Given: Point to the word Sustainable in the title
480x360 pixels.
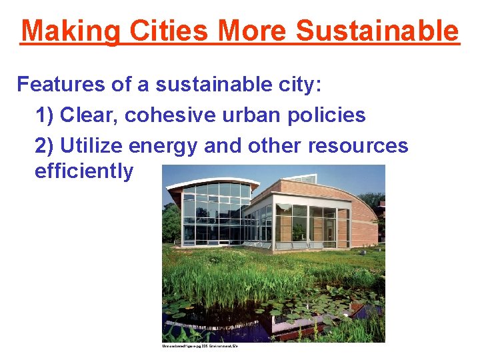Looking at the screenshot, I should [377, 31].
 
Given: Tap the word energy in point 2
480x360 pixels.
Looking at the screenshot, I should [164, 146].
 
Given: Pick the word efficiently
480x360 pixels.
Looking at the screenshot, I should [84, 172].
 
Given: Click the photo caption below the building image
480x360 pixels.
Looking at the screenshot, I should [200, 346].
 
